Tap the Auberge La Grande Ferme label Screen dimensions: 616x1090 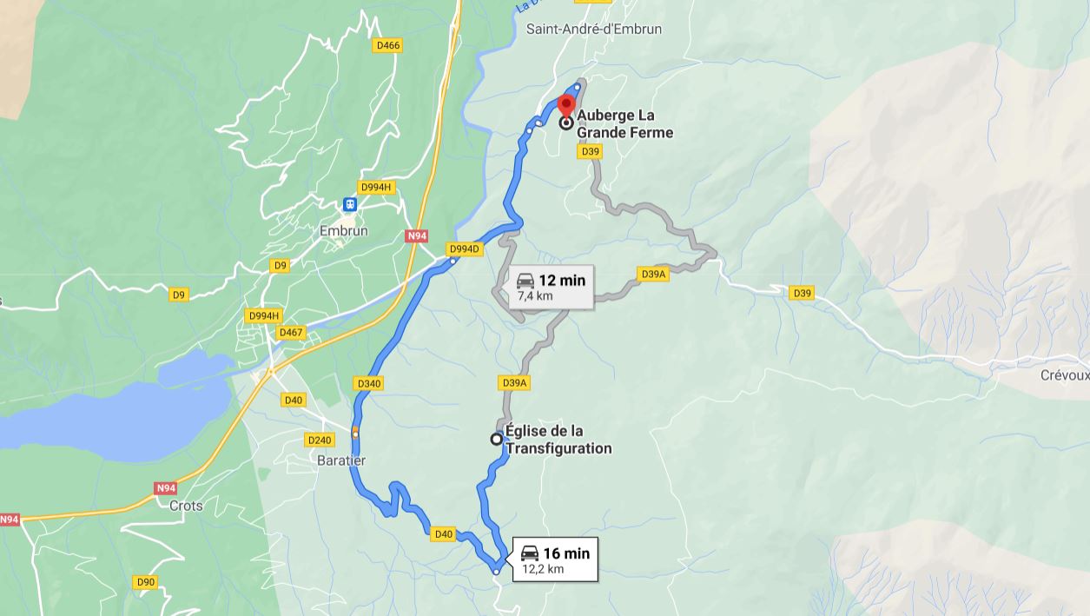pos(624,123)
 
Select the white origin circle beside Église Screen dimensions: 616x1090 pos(497,439)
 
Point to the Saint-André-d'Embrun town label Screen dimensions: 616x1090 pos(594,29)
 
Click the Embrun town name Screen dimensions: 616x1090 pos(344,231)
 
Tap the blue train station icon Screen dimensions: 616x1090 pos(350,205)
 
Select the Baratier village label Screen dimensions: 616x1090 pos(341,460)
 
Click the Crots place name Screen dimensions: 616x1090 pos(186,506)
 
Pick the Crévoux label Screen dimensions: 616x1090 pos(1064,375)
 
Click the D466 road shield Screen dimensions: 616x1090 pos(387,46)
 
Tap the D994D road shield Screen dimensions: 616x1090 pos(464,249)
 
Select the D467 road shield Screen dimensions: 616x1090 pos(291,333)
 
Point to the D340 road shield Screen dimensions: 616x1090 pos(369,383)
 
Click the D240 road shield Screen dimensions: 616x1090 pos(320,440)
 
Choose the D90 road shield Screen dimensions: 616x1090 pos(146,582)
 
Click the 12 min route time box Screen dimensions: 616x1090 pos(550,287)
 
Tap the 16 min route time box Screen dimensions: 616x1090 pos(555,560)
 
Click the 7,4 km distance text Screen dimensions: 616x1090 pos(536,296)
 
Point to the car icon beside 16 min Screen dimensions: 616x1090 pos(530,553)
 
